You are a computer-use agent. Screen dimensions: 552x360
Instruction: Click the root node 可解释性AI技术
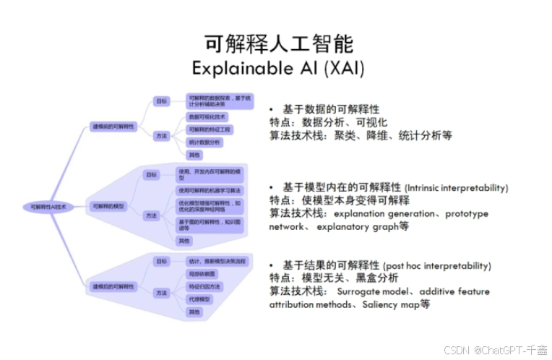coord(48,207)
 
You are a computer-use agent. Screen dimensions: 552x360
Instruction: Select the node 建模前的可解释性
coord(113,126)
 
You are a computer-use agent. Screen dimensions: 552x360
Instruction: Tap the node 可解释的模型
coord(108,207)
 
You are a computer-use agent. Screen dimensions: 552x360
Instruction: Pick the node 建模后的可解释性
coord(113,287)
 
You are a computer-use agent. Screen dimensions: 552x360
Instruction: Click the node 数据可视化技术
coord(207,116)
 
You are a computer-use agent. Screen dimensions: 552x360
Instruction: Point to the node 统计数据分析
coord(205,142)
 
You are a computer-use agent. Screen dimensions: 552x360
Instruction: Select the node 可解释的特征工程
coord(210,129)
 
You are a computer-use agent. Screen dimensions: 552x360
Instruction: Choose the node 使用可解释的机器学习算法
coord(211,190)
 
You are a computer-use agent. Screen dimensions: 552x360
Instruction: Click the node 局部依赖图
coord(200,274)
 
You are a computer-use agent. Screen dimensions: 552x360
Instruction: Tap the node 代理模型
coord(199,299)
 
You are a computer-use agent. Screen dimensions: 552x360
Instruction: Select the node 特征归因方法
coord(204,287)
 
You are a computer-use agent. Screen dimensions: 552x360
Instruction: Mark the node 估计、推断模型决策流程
coord(216,261)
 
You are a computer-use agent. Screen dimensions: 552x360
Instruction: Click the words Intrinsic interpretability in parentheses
coord(457,188)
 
